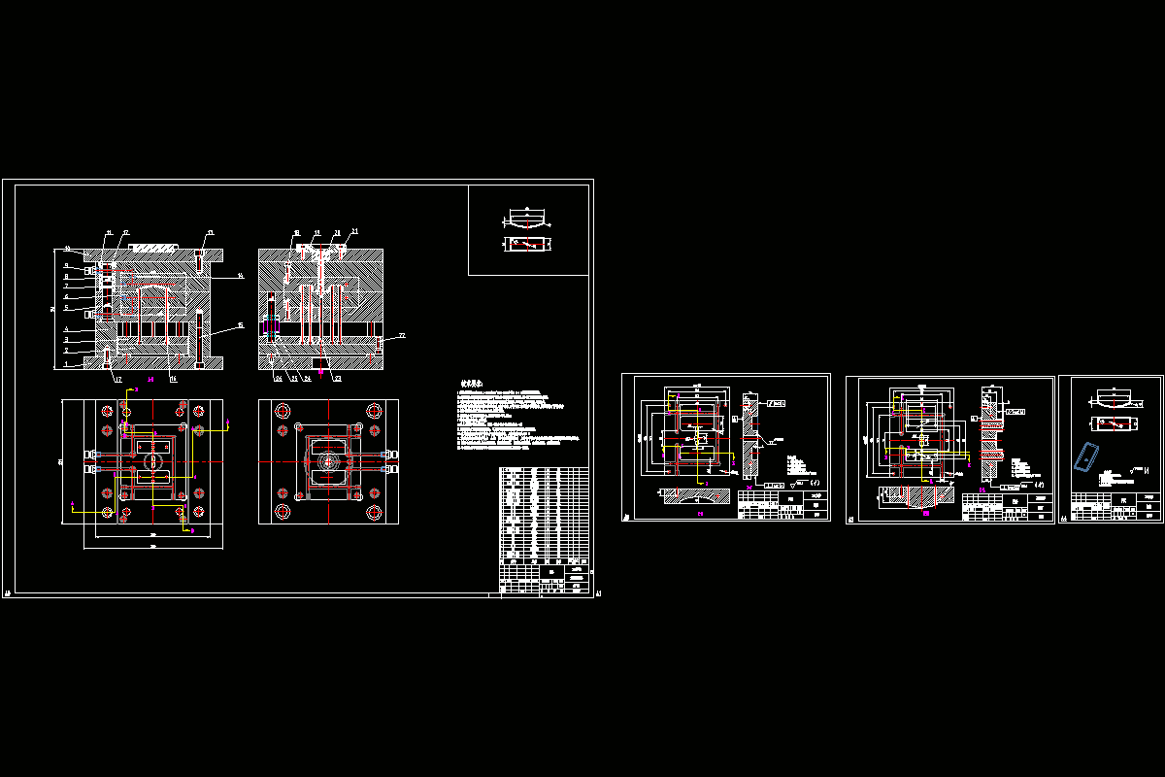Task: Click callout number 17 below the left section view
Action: (x=117, y=379)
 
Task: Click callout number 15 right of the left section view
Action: (x=241, y=325)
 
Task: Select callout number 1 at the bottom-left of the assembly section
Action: (x=66, y=365)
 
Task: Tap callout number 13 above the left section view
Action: (x=211, y=232)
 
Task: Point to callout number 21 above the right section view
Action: (x=354, y=231)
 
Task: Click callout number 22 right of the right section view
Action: (x=402, y=335)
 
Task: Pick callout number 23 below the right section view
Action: (x=337, y=379)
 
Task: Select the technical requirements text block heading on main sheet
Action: (x=473, y=384)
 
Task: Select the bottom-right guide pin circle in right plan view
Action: (x=373, y=512)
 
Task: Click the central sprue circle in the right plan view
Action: (x=329, y=461)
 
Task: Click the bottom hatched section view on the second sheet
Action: (x=695, y=495)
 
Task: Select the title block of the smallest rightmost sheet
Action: (x=1115, y=507)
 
